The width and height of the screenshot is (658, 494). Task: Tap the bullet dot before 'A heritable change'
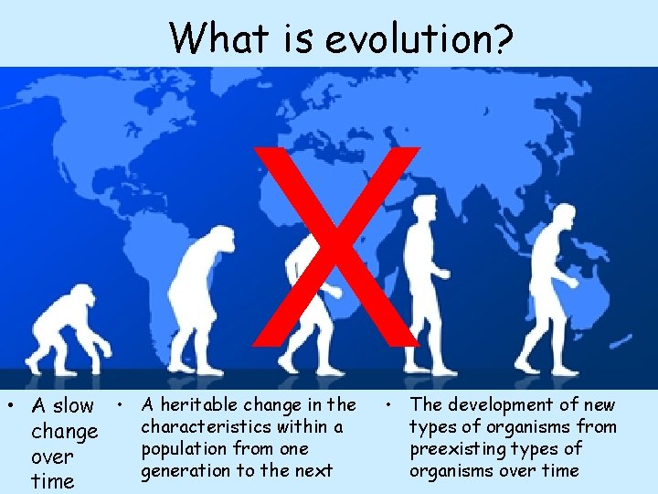point(120,403)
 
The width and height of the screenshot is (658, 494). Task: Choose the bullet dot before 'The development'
point(388,403)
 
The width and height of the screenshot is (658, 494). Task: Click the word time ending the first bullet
point(52,482)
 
